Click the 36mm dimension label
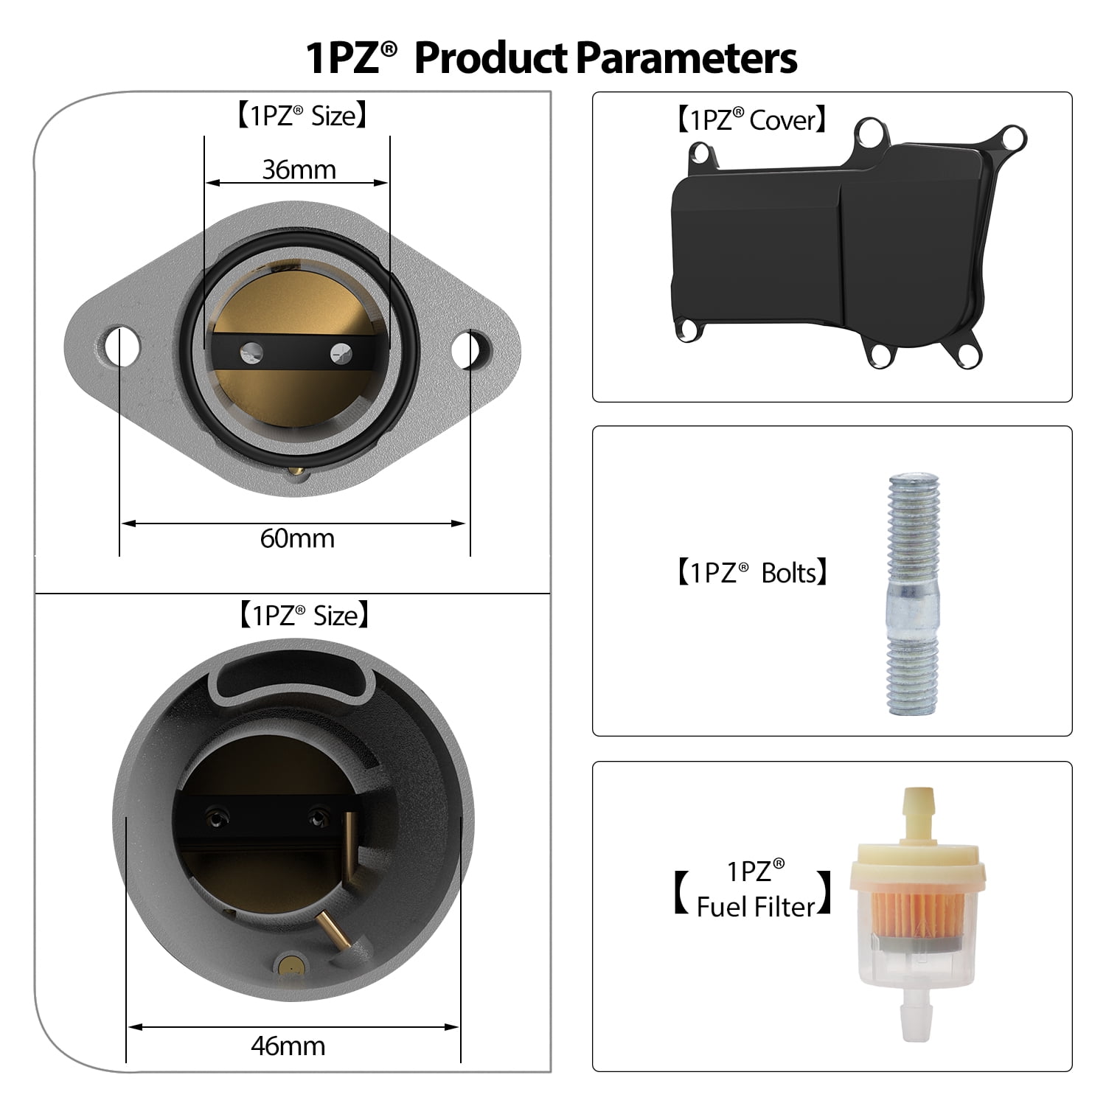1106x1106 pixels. coord(299,170)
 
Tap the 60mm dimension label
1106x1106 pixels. coord(297,538)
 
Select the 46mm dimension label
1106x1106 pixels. coord(288,1046)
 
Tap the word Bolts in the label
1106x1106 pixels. coord(788,573)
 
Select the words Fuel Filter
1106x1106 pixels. coord(756,906)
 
